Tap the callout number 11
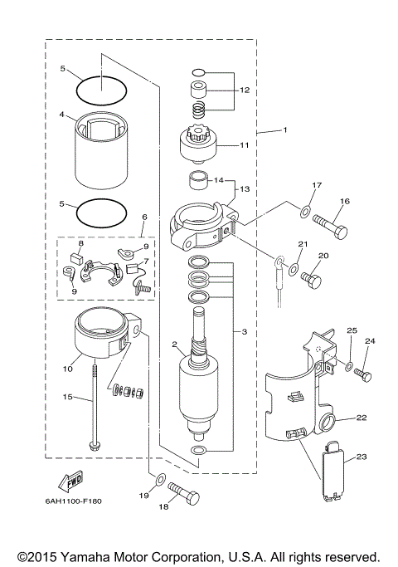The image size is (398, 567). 244,144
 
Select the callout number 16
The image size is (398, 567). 343,201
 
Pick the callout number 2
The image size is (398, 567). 174,344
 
